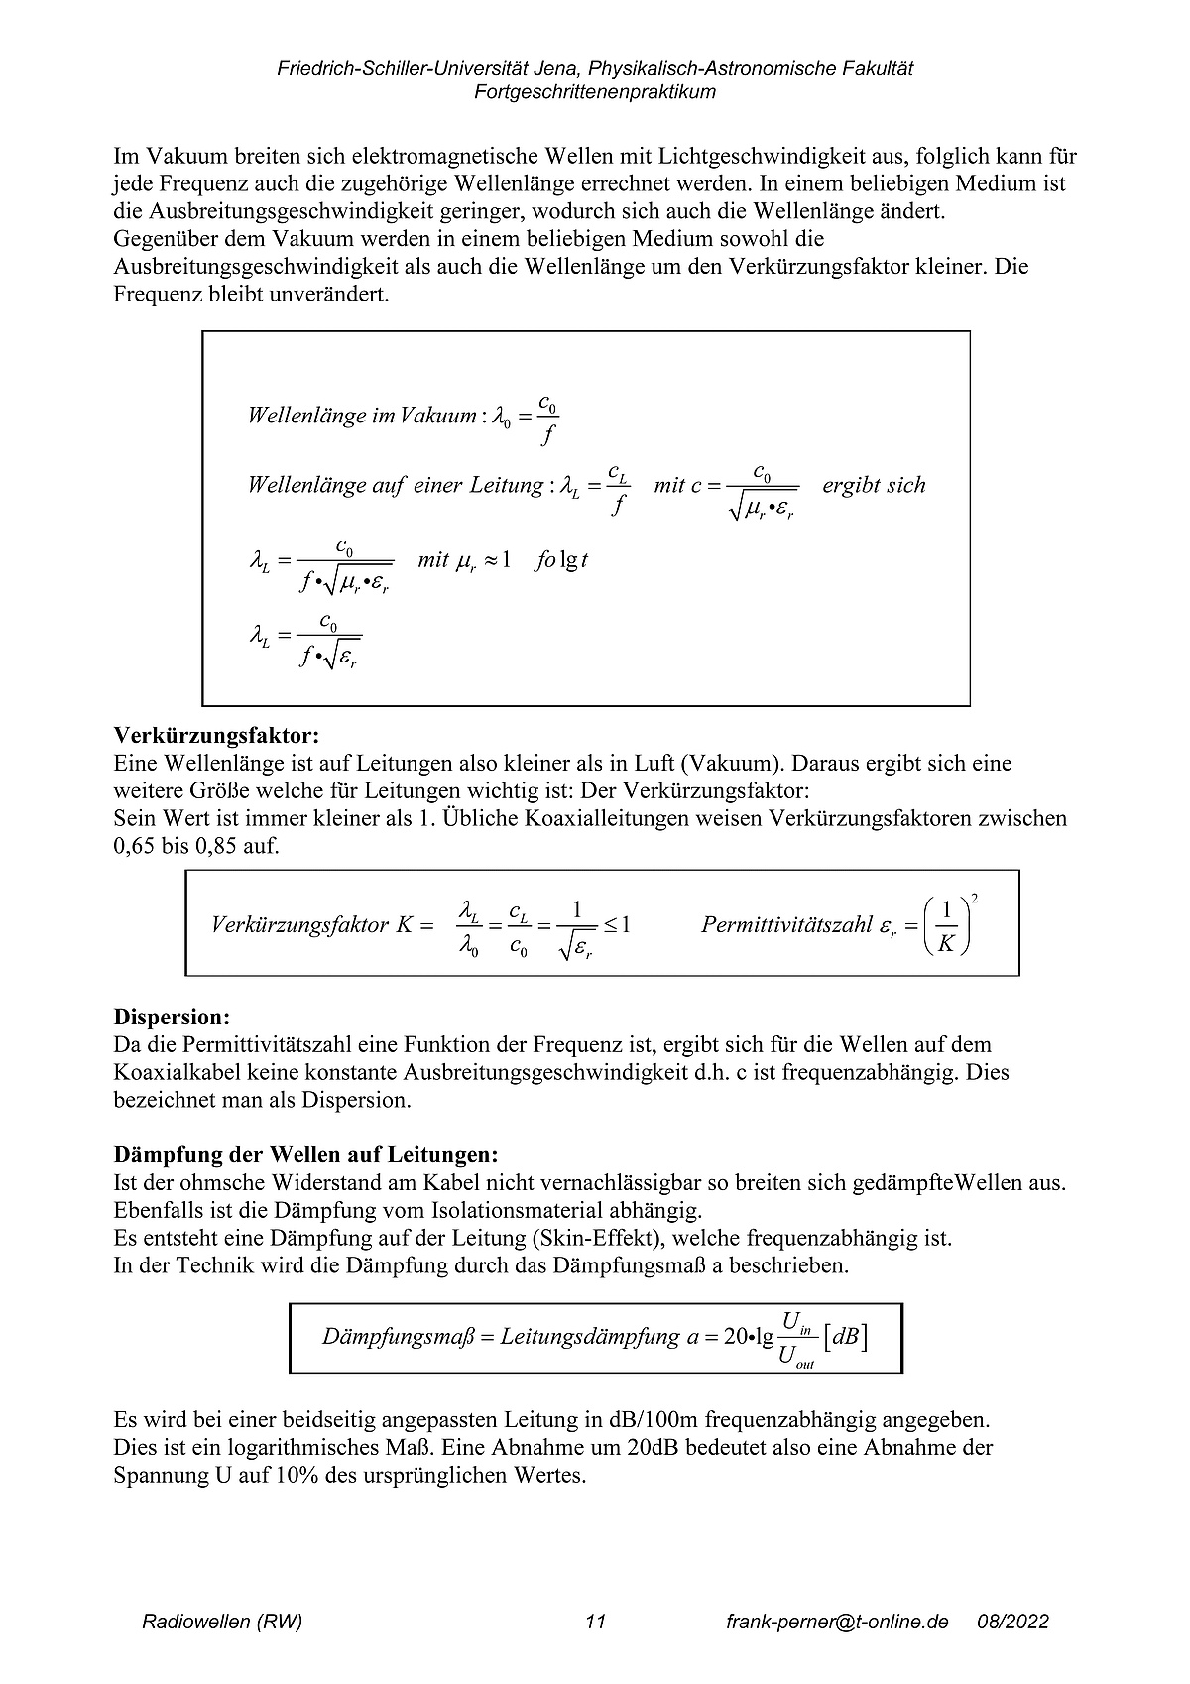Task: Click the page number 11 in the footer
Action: click(x=595, y=1623)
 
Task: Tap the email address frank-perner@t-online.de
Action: click(x=837, y=1623)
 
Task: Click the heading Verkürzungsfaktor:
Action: click(x=217, y=736)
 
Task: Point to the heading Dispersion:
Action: click(x=172, y=1018)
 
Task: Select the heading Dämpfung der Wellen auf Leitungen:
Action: click(x=306, y=1155)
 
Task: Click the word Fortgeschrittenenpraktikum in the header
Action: click(x=595, y=92)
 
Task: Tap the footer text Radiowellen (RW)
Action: click(x=222, y=1623)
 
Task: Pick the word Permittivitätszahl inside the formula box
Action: click(x=786, y=925)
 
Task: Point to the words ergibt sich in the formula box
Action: click(x=874, y=486)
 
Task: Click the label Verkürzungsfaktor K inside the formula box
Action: click(x=312, y=925)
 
